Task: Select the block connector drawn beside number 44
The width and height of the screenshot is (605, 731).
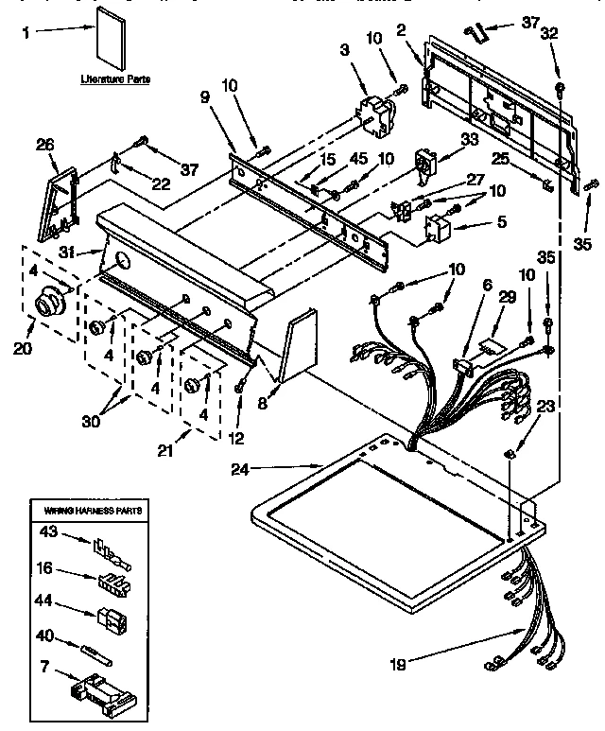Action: coord(111,621)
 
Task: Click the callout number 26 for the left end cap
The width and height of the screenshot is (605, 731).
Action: coord(44,144)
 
